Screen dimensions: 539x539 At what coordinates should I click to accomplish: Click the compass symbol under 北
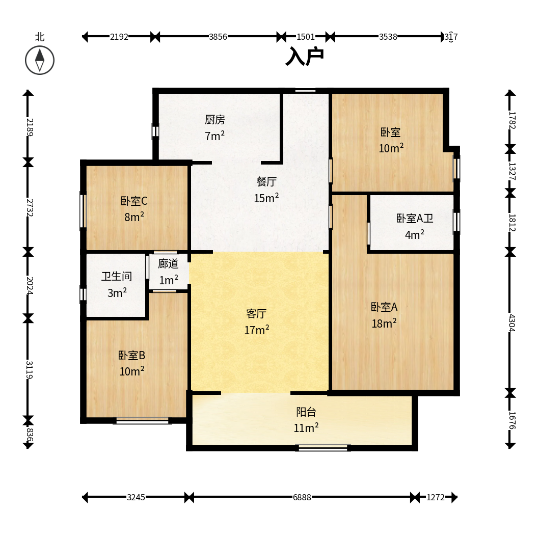(x=40, y=60)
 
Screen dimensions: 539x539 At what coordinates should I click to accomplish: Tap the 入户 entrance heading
(x=305, y=57)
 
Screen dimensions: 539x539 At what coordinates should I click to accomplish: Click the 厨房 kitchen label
(x=215, y=120)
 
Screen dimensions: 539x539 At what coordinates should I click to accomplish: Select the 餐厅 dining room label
(x=266, y=181)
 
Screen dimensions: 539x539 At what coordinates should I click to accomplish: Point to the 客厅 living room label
(x=256, y=313)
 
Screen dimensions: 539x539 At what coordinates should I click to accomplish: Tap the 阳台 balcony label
(x=306, y=412)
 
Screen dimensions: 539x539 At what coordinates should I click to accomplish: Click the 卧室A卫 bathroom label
(x=415, y=218)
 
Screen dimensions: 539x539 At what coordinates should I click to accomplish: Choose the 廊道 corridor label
(x=168, y=264)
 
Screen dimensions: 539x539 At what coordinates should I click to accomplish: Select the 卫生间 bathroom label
(x=117, y=276)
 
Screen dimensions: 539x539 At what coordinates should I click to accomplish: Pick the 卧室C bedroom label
(x=134, y=201)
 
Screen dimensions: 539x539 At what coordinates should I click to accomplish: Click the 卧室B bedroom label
(x=131, y=355)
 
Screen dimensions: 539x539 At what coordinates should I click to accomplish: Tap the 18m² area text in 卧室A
(x=384, y=324)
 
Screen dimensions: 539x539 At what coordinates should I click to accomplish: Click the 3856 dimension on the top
(x=218, y=37)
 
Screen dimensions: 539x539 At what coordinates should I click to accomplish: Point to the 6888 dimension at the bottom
(x=302, y=497)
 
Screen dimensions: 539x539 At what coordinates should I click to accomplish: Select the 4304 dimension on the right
(x=512, y=323)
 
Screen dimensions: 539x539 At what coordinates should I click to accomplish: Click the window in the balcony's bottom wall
(x=323, y=448)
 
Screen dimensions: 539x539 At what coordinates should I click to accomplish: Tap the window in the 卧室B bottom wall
(x=142, y=421)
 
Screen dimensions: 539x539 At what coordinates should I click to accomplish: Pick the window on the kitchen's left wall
(x=155, y=131)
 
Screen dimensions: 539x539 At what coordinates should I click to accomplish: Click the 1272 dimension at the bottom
(x=436, y=497)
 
